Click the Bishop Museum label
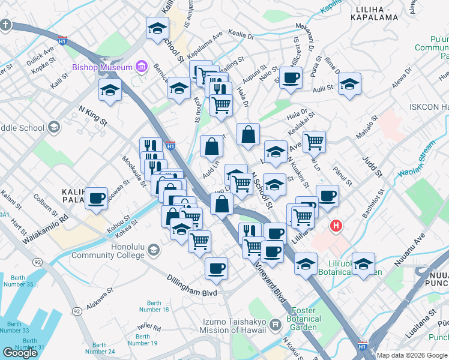pos(102,67)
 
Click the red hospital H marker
pos(337,226)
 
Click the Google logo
pos(20,353)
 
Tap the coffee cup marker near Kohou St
pos(96,197)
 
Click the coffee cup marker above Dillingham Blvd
pos(216,268)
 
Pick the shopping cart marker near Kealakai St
pos(314,142)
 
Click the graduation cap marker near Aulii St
pos(349,83)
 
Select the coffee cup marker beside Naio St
pos(291,77)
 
